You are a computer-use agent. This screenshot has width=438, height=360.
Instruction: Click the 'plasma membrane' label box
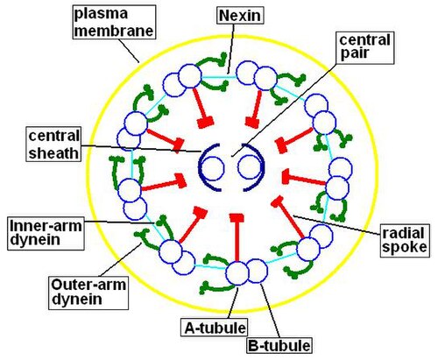pos(114,22)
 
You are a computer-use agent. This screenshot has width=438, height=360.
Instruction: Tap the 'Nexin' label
pos(240,15)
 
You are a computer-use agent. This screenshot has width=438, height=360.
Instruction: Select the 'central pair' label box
pos(365,47)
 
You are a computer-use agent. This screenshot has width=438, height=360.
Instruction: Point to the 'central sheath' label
pos(53,145)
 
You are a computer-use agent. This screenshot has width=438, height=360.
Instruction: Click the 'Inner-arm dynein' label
pos(46,233)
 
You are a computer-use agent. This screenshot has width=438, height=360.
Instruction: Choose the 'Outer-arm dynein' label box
pos(88,293)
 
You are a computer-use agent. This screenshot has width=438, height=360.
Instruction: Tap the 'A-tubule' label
pos(215,328)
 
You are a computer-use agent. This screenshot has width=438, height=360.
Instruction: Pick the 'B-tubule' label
pos(279,346)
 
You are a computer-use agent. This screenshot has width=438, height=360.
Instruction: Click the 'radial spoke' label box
pos(405,241)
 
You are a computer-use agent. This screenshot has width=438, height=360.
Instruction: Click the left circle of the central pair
pos(213,167)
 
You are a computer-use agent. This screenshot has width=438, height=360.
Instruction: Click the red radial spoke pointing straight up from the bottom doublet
pos(237,237)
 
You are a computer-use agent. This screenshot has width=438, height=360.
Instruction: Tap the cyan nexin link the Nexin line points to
pos(219,77)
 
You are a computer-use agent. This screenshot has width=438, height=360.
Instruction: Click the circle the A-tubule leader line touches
pos(237,273)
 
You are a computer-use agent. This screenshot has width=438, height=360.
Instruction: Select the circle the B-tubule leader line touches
pos(256,271)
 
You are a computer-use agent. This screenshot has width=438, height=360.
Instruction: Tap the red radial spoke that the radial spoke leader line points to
pos(289,216)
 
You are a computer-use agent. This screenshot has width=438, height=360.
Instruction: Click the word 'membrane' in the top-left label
pos(114,31)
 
